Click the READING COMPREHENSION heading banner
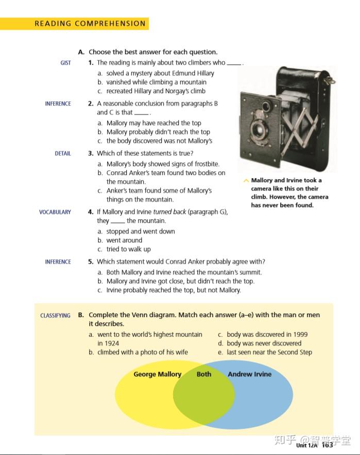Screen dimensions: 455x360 [90, 24]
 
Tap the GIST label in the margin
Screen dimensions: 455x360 [65, 63]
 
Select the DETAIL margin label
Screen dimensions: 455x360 [63, 153]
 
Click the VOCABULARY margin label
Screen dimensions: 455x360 [55, 212]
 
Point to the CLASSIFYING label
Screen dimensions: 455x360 [55, 316]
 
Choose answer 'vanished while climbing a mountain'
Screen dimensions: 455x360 [156, 82]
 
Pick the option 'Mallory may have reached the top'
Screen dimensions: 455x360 [153, 123]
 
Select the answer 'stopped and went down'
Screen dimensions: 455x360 [140, 232]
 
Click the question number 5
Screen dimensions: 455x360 [91, 262]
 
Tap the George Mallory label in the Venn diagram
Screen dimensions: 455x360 [157, 374]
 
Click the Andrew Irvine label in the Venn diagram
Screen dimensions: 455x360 [249, 374]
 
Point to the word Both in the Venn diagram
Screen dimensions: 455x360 [204, 374]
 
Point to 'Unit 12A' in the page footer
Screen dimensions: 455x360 [307, 445]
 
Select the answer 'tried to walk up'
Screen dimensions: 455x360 [128, 249]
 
